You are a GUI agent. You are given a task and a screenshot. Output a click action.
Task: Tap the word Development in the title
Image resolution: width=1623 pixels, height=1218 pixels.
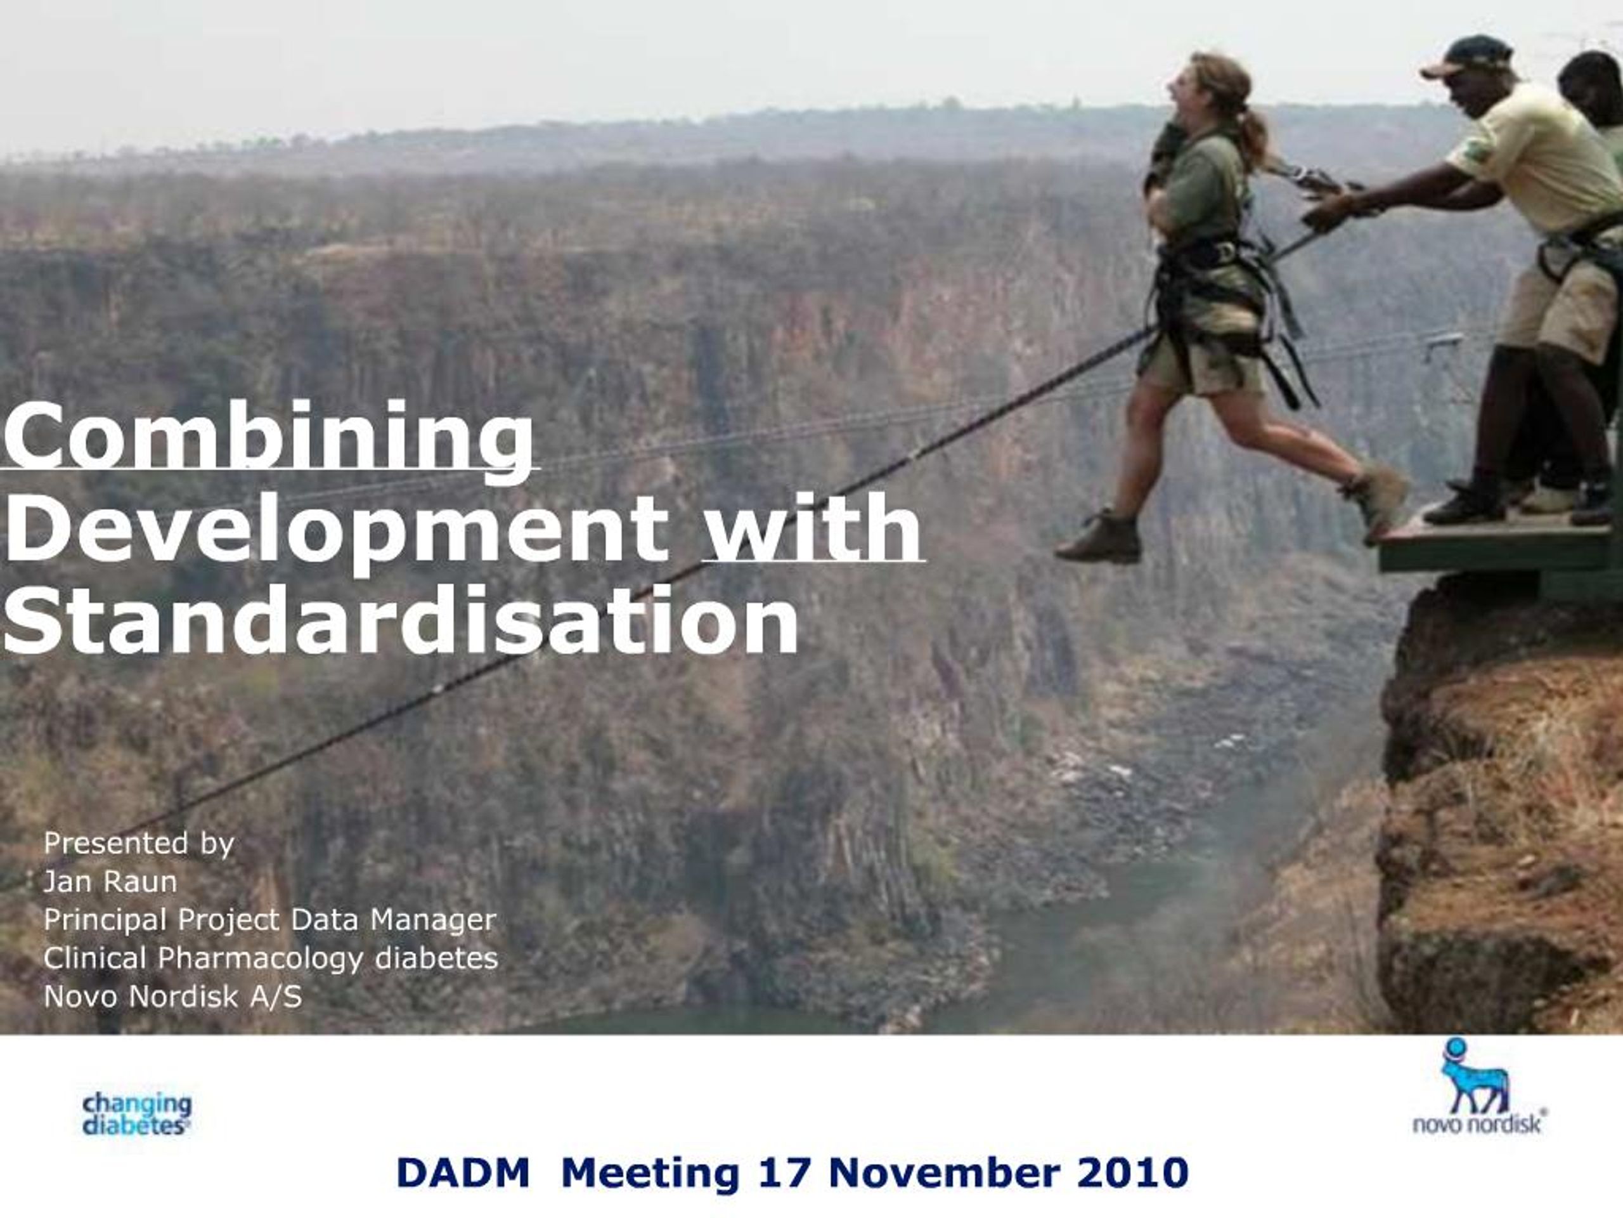(336, 528)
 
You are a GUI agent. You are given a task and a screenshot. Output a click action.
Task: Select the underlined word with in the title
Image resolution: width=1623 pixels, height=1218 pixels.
(812, 527)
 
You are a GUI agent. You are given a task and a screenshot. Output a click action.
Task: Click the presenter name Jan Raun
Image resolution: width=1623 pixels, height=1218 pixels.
(110, 881)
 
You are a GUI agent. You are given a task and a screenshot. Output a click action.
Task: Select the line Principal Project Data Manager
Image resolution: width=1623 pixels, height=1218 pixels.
(270, 920)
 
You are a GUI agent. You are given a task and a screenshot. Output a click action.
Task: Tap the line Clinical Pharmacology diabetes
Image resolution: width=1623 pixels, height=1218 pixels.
(271, 958)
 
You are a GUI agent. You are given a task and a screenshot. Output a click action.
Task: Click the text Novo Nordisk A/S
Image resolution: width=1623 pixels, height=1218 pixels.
(172, 996)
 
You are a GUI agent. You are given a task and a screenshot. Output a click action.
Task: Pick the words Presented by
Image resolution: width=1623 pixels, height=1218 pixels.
(139, 844)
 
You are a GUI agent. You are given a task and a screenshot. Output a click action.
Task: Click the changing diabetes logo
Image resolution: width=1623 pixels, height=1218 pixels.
(137, 1115)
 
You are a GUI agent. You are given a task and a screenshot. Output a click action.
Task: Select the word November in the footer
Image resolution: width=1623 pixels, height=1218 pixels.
(944, 1172)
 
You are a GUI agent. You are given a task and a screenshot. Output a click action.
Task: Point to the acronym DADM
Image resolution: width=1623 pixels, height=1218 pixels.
(463, 1172)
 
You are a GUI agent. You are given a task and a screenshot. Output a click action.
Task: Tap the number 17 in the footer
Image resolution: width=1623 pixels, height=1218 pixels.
(783, 1172)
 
